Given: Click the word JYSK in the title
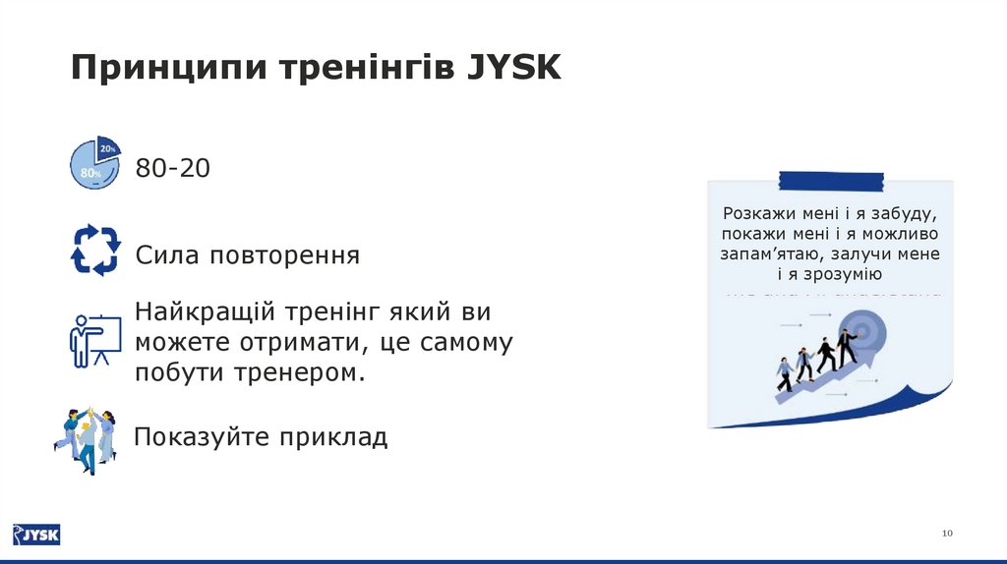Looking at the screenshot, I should [512, 68].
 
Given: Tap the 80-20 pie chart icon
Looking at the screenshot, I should [94, 164].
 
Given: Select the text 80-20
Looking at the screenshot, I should [173, 168].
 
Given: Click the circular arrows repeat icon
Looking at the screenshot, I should [95, 250].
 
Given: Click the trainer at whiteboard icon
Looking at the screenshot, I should [94, 340].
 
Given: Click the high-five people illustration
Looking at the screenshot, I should [86, 439].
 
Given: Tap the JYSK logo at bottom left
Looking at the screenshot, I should [36, 535].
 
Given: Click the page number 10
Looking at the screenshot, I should [947, 533].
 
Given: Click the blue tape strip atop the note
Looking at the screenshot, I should [830, 180].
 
